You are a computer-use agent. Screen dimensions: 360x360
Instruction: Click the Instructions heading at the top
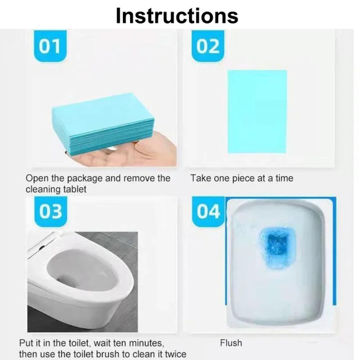177,15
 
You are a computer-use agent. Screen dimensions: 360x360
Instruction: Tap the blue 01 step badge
50,46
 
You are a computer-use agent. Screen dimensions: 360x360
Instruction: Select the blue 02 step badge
208,46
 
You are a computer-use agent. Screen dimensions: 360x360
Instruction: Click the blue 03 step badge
50,212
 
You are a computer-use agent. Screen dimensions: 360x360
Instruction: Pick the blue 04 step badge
208,212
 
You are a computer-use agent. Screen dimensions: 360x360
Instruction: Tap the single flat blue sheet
257,112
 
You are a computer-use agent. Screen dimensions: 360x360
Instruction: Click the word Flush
231,343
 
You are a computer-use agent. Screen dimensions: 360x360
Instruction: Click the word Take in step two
200,178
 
